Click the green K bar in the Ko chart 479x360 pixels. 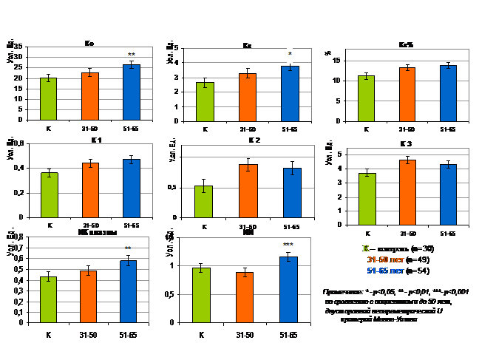click(x=48, y=98)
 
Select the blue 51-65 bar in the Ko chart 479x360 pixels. click(x=131, y=92)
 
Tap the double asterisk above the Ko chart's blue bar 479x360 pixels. click(x=132, y=55)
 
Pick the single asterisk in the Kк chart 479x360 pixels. click(x=290, y=54)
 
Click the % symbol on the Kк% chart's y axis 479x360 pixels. click(x=327, y=53)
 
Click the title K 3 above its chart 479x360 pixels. click(x=405, y=143)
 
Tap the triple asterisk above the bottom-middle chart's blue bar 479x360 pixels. click(x=288, y=245)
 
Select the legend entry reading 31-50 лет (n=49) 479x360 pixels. click(x=396, y=259)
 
